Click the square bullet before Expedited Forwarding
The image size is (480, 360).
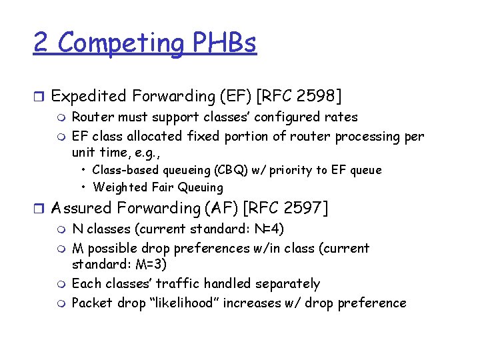tap(39, 97)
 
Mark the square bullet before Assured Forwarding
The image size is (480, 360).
tap(39, 209)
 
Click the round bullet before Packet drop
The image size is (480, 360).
tap(62, 303)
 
